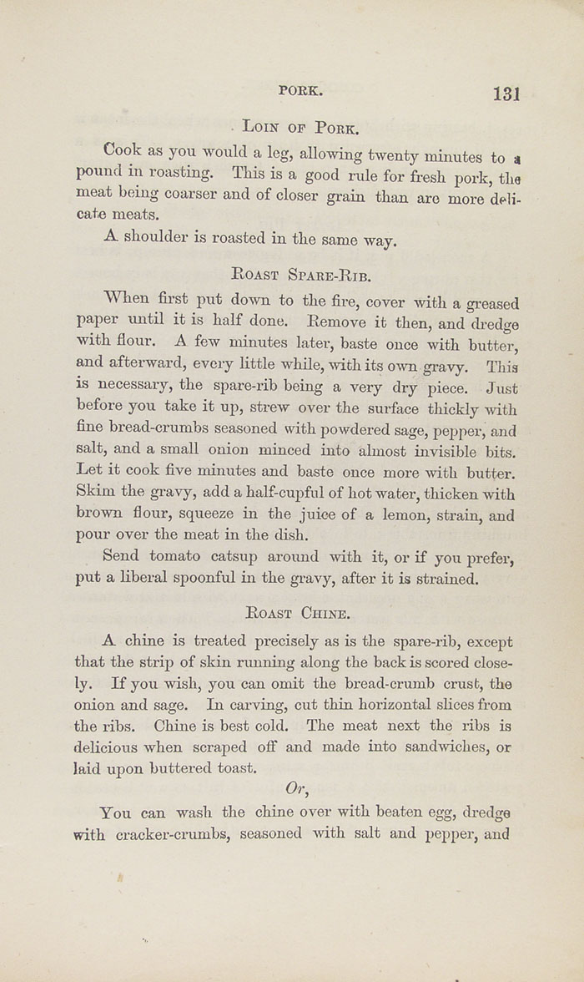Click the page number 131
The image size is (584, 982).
click(x=506, y=93)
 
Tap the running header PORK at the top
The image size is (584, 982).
click(x=300, y=90)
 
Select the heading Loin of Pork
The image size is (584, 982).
click(x=300, y=128)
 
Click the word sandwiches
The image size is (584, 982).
click(x=447, y=747)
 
